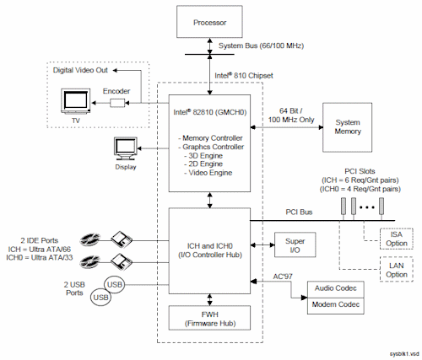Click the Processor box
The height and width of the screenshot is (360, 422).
(209, 22)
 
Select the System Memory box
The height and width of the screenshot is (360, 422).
(348, 127)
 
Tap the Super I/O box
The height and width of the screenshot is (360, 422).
(295, 244)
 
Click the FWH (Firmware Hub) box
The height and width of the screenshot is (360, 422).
(209, 318)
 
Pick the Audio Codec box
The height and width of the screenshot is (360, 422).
(336, 289)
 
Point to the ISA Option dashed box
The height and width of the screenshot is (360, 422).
(397, 239)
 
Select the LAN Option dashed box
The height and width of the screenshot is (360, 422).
(397, 269)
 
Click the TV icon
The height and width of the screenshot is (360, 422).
(76, 101)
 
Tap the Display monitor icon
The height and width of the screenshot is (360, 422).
(126, 148)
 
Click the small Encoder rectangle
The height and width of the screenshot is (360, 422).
(117, 103)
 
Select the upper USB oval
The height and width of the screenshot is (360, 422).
(114, 285)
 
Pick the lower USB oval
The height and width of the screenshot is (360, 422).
(100, 297)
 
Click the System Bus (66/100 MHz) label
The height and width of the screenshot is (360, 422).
(261, 46)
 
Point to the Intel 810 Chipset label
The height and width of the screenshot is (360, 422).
(244, 75)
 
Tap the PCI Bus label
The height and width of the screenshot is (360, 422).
(299, 212)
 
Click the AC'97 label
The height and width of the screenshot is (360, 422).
(283, 277)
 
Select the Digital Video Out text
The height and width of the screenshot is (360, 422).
(80, 70)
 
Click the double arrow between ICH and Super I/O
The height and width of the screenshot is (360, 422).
(262, 245)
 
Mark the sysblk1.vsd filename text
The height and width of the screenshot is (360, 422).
(404, 354)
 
